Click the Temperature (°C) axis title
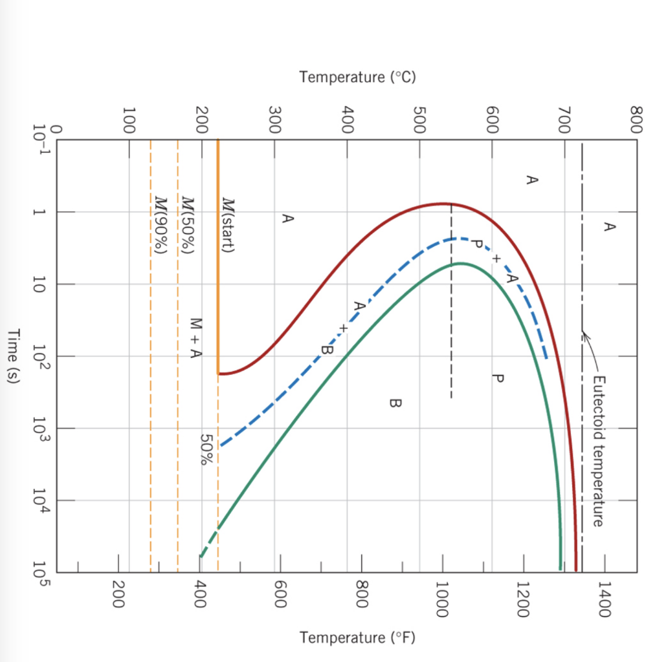(357, 78)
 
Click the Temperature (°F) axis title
(357, 637)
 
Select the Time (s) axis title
(14, 357)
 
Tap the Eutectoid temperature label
(598, 451)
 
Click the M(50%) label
(188, 226)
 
